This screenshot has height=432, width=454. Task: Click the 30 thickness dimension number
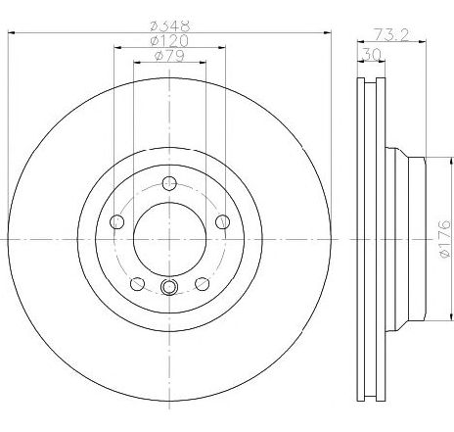[369, 56]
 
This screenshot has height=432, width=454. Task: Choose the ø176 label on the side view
[443, 238]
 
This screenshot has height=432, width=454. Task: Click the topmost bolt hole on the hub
[170, 182]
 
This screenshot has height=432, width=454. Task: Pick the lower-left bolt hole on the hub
[137, 283]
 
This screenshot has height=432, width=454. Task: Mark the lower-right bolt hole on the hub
[203, 283]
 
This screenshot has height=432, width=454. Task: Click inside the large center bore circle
[170, 237]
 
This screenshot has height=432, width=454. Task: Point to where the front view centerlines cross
[170, 237]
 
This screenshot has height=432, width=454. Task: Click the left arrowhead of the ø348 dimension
[12, 33]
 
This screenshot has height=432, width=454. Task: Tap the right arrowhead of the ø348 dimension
[330, 33]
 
